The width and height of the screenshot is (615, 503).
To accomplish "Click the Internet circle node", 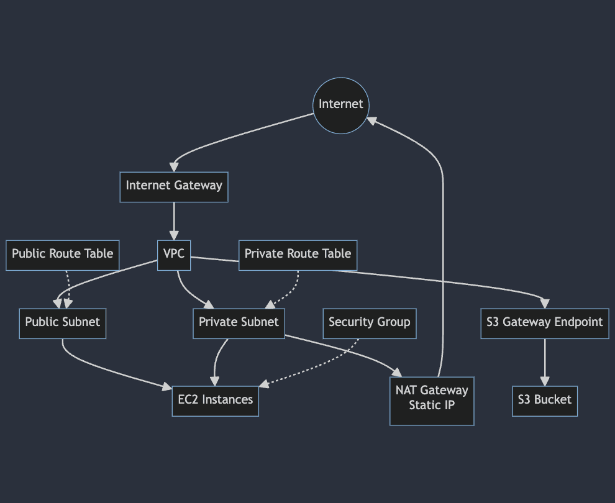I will [x=340, y=105].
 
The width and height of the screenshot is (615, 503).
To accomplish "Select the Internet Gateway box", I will [x=174, y=186].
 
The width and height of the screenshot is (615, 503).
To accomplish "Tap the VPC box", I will [x=174, y=255].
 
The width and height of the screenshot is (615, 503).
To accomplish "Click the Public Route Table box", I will [x=62, y=255].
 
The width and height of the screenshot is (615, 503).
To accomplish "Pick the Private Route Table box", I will [x=298, y=255].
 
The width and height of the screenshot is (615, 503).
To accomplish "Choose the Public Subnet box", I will [x=62, y=323].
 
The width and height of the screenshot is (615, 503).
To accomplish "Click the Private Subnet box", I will [x=239, y=323].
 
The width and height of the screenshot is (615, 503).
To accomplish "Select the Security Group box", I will [x=369, y=323].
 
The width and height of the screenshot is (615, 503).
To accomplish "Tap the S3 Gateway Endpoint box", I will [x=544, y=323].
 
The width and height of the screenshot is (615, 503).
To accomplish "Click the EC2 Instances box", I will [x=215, y=400].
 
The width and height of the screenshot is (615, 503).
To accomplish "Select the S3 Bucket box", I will [x=544, y=400].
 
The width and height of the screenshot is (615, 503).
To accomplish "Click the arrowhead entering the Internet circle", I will [x=371, y=120].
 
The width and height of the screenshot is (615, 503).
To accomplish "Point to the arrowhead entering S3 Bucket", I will [x=545, y=381].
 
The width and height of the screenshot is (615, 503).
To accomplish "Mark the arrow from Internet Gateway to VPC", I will [x=174, y=220].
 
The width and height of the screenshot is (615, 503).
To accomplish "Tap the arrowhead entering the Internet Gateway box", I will [x=174, y=166].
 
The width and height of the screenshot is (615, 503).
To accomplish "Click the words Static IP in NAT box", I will [x=432, y=406].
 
